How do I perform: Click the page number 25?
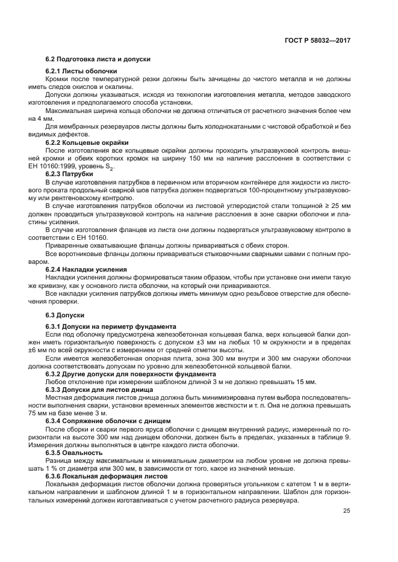(347, 511)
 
